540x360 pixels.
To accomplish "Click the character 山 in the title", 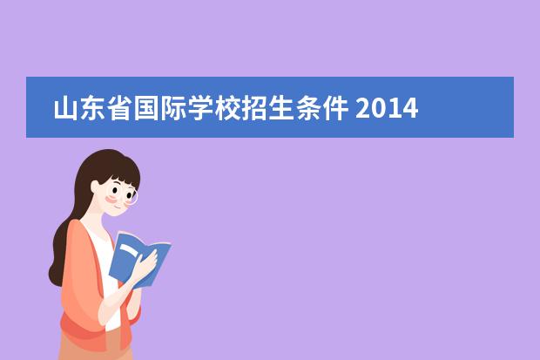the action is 66,108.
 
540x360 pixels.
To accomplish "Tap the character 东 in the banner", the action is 92,108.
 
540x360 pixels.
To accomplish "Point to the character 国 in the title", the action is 146,108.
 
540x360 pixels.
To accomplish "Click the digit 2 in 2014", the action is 363,108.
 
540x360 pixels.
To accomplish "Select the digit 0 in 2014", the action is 379,108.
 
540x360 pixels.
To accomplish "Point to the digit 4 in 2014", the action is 410,108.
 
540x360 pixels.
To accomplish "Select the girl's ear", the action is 96,187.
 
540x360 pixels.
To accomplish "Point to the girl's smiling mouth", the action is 118,207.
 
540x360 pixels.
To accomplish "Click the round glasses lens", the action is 132,197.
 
